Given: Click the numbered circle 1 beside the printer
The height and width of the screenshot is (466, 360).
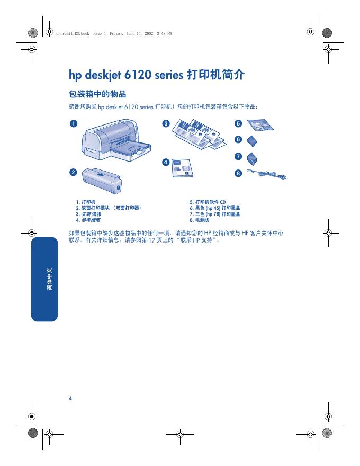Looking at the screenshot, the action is tap(74, 123).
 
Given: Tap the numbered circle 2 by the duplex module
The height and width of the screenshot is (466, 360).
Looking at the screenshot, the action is tap(73, 173).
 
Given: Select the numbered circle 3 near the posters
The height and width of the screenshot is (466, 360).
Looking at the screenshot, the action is tap(166, 123).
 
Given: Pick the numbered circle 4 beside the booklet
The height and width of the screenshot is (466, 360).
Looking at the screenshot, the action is tap(166, 162).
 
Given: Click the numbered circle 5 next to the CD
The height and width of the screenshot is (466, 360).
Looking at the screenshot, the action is tap(238, 123).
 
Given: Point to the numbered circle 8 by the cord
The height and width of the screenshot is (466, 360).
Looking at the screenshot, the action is tap(238, 173).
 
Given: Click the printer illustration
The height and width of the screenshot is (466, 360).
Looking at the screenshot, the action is tap(116, 140).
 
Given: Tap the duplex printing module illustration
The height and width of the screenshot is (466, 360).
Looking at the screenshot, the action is tap(102, 181).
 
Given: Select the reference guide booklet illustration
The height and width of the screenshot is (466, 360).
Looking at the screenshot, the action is tap(182, 168).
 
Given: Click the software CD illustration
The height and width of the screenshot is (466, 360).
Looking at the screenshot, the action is tap(260, 125).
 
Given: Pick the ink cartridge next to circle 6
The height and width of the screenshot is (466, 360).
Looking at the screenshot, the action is tap(252, 141).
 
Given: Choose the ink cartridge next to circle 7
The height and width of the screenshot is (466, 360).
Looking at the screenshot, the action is tap(252, 158).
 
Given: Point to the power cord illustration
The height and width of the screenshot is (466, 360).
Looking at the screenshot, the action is tap(266, 174).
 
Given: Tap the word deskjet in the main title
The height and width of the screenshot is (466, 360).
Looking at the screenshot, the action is tap(103, 75).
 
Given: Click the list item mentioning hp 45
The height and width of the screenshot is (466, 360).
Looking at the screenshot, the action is tap(215, 208).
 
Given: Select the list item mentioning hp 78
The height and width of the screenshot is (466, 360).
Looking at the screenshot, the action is tap(215, 214).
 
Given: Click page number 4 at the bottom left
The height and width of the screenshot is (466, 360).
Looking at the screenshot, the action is tap(70, 399).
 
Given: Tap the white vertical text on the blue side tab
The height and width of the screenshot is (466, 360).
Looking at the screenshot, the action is tap(49, 279).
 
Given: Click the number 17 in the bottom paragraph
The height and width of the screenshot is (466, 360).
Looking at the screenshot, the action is tap(151, 240).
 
